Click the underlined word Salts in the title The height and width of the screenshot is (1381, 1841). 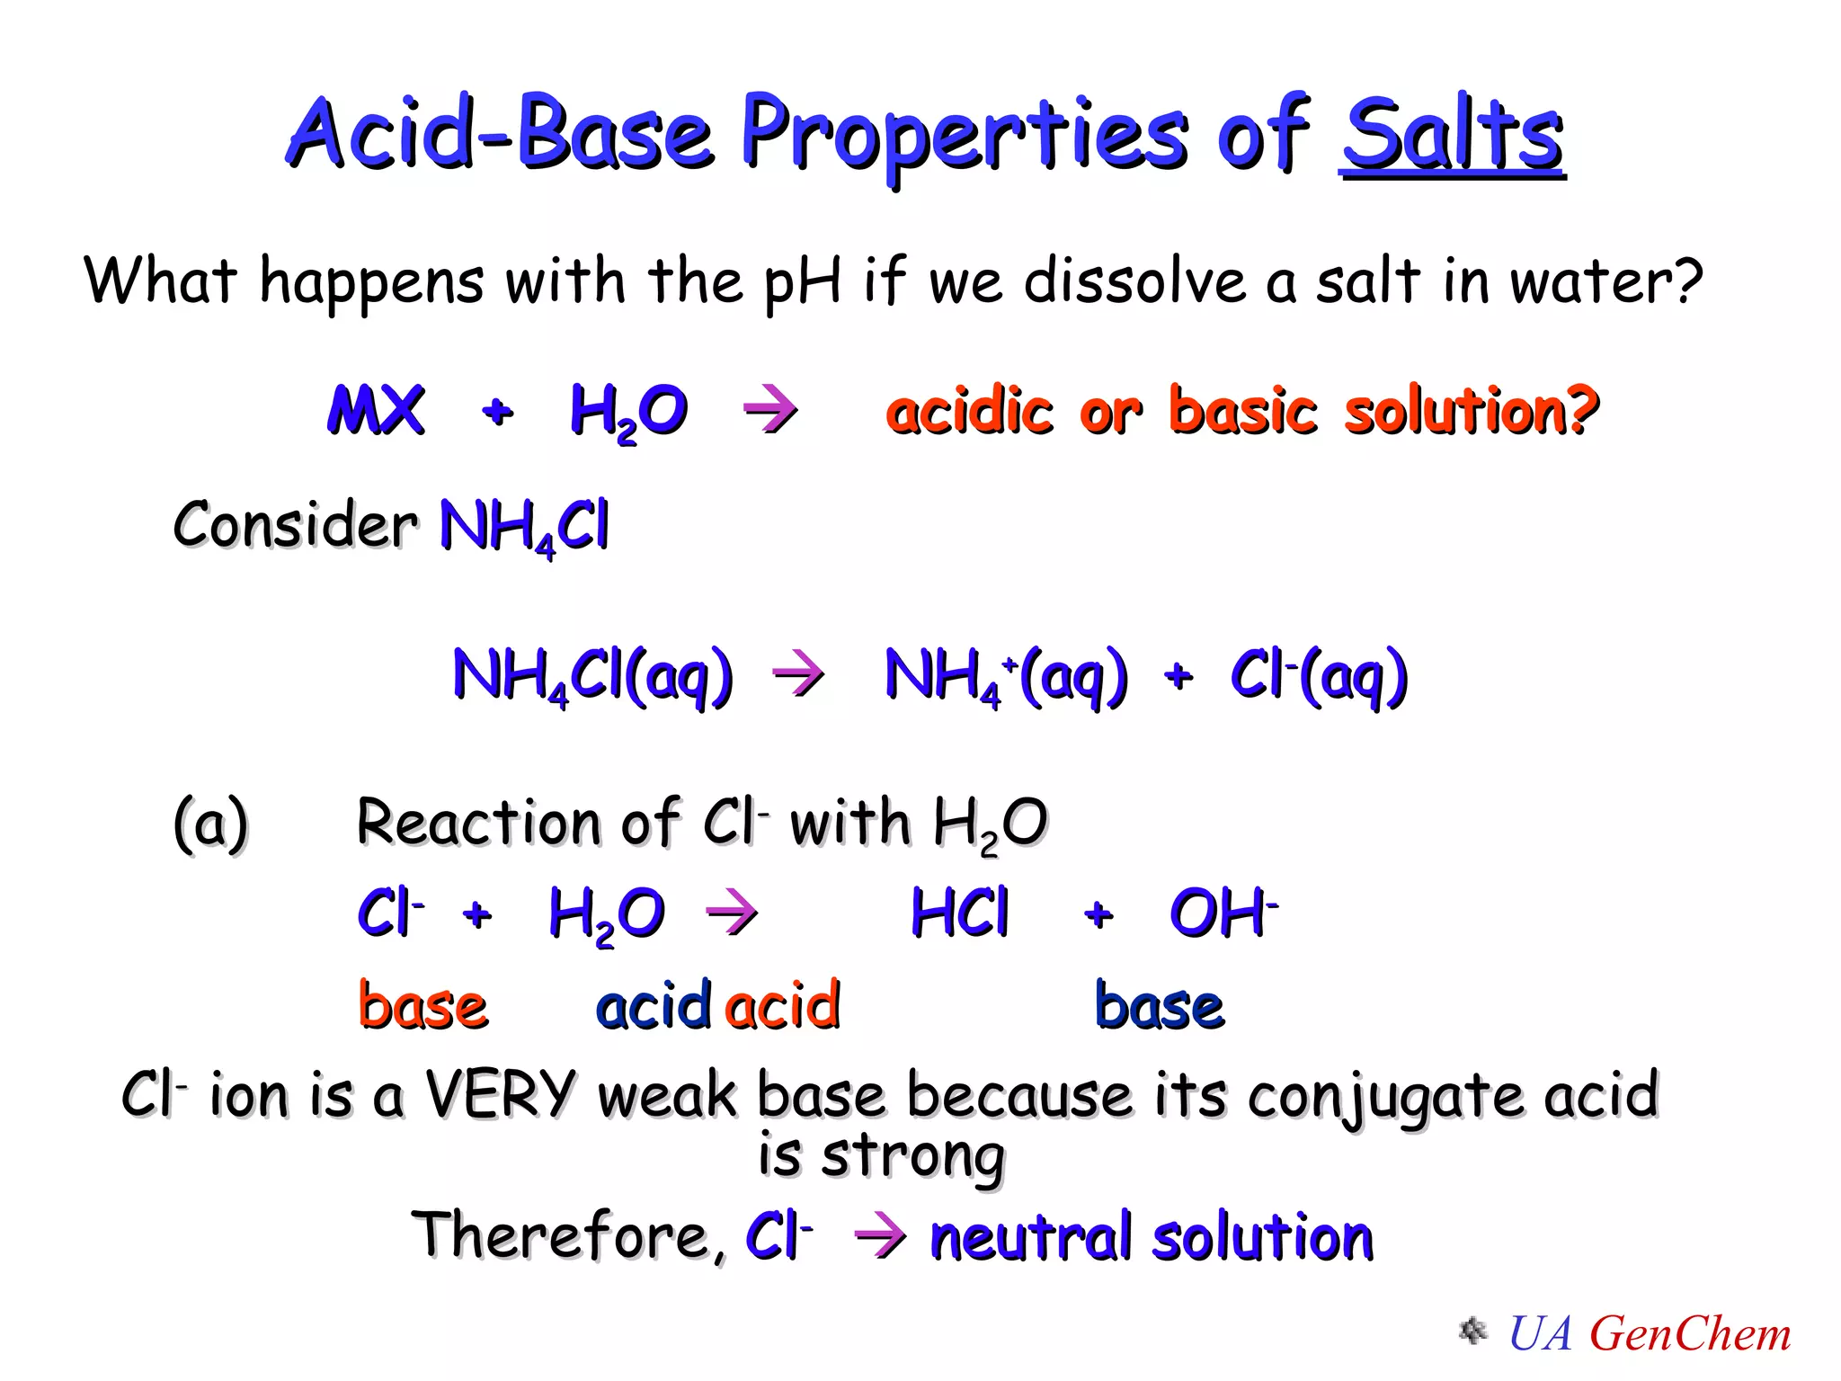(1452, 135)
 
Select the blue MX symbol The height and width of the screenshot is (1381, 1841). (376, 411)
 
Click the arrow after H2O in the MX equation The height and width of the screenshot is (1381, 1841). (770, 411)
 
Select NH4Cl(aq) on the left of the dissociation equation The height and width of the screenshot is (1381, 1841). (593, 676)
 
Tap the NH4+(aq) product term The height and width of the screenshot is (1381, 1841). (1006, 676)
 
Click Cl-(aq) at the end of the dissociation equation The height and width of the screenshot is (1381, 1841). (1319, 676)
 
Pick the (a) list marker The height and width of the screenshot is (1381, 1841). (210, 824)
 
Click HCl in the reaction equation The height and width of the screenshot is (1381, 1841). (960, 913)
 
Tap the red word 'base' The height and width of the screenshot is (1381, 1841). (422, 1006)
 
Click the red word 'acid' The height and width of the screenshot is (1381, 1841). (783, 1006)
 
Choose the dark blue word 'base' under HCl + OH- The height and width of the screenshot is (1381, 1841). (1160, 1006)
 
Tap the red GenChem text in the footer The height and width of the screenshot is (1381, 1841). (1690, 1334)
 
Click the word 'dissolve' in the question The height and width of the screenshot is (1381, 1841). (1134, 281)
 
